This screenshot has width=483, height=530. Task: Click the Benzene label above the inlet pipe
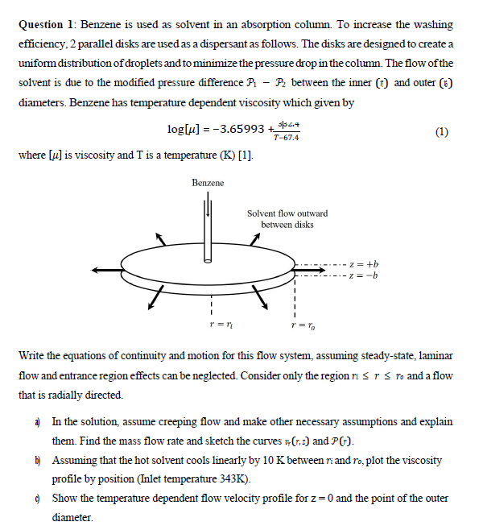click(x=208, y=183)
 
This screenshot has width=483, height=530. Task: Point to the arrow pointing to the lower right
click(x=261, y=300)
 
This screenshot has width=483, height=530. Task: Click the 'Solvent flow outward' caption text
click(x=287, y=213)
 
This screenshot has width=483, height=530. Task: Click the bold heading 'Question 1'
click(x=48, y=25)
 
